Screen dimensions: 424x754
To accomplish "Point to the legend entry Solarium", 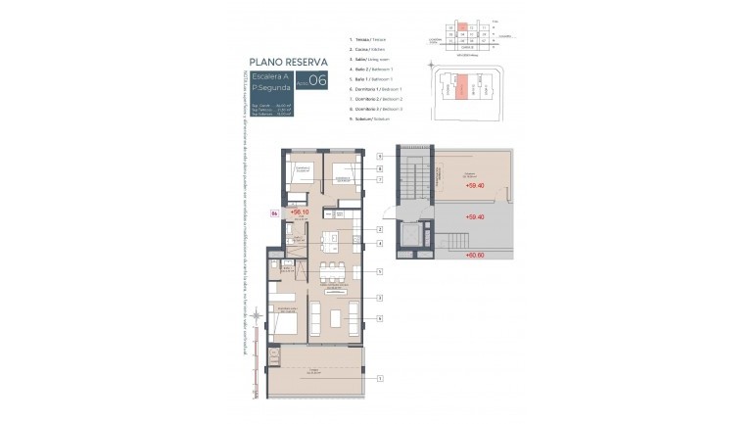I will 368,118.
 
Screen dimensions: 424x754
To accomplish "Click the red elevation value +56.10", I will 300,211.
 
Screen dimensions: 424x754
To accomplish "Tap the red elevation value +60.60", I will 475,254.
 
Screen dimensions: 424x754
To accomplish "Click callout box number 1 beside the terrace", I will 379,377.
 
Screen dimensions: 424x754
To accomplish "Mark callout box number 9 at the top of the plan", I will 379,156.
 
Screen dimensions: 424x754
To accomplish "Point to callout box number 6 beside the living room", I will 379,318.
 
